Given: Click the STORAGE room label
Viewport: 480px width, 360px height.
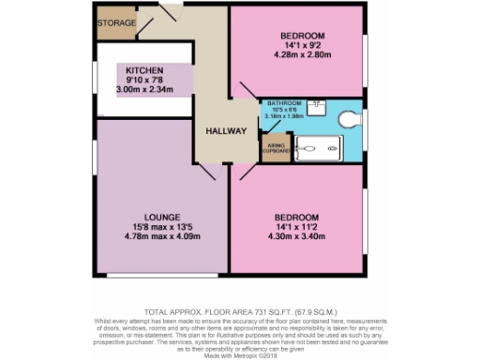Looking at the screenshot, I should [117, 22].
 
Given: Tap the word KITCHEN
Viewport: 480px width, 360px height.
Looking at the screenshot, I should [145, 70].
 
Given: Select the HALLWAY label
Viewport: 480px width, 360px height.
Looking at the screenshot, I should [225, 131].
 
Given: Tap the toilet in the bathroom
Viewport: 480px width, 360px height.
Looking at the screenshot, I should [349, 119].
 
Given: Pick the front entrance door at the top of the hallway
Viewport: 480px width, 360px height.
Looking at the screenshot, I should [174, 11].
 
